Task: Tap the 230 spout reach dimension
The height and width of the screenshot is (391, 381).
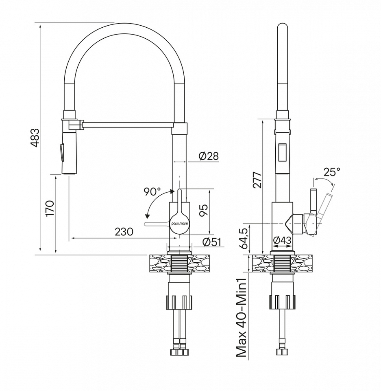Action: point(124,232)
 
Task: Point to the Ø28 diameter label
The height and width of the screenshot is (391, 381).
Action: point(209,156)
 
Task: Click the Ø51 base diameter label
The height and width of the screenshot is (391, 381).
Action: point(212,242)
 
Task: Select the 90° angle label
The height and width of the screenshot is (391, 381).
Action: point(152,191)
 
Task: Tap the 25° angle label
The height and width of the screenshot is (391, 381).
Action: point(332,171)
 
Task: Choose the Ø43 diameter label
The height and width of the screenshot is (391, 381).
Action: point(282,240)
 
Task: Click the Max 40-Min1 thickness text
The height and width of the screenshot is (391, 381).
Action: point(242,318)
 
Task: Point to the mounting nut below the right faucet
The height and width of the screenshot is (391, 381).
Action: point(282,302)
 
